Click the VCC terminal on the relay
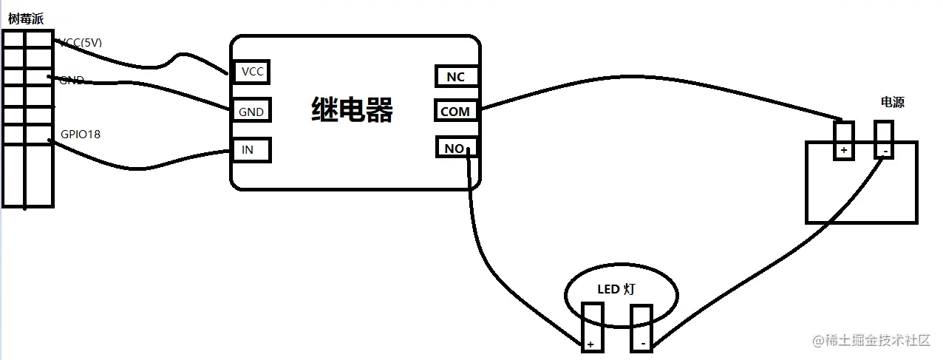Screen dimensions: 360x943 click(x=251, y=72)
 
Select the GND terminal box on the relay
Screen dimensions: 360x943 click(x=251, y=112)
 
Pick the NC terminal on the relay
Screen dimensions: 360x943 click(x=455, y=76)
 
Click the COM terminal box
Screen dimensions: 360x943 click(x=455, y=112)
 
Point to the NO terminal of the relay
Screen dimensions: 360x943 click(x=455, y=148)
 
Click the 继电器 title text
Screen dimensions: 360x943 click(x=352, y=110)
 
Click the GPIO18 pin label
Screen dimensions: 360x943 click(x=81, y=135)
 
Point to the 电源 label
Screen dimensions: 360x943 click(x=892, y=102)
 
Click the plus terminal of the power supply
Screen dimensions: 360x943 click(x=843, y=140)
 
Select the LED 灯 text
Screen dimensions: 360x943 click(x=616, y=290)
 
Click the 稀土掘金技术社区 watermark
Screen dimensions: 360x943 click(x=871, y=341)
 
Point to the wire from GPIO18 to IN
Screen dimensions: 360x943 click(x=148, y=163)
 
